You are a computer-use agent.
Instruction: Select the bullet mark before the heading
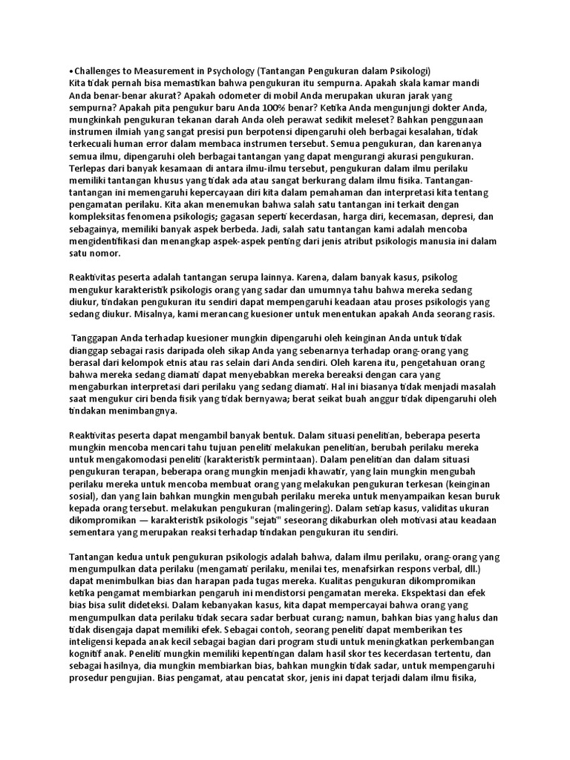(x=71, y=70)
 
